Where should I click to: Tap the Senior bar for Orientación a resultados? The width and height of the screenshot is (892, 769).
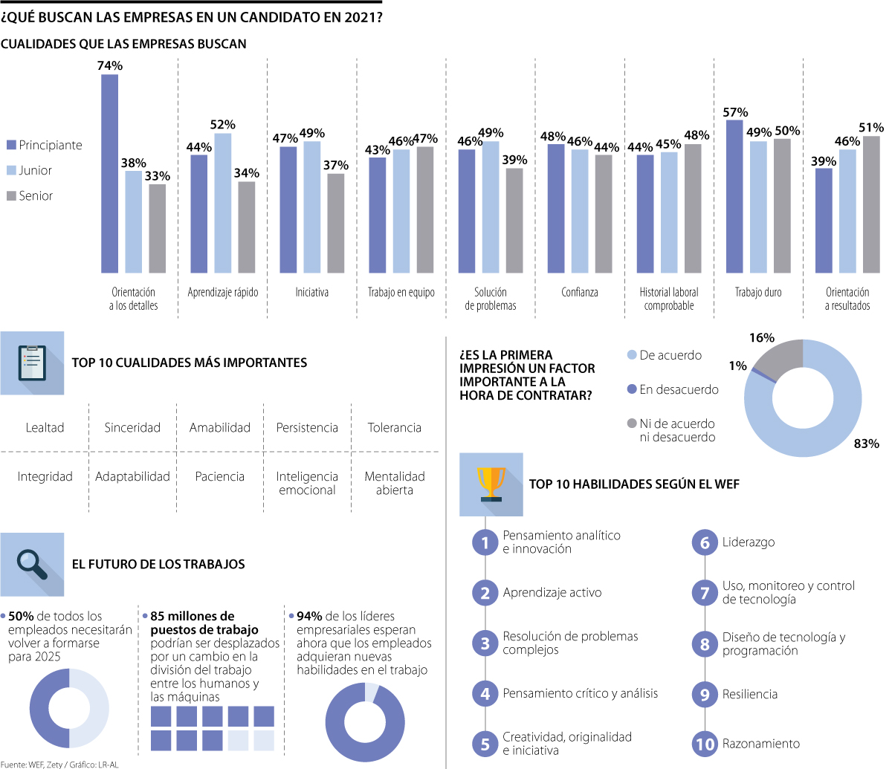coord(871,204)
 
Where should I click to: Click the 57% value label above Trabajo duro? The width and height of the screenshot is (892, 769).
coord(735,112)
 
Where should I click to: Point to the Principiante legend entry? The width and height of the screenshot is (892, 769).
coord(45,145)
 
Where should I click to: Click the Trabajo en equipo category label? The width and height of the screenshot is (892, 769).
coord(401,292)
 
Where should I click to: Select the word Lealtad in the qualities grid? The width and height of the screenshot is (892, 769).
coord(45,427)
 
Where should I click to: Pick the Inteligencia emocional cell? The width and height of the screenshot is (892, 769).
coord(307,483)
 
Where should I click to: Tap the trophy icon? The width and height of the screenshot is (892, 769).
coord(491,484)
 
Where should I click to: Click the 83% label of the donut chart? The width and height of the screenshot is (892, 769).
coord(866,444)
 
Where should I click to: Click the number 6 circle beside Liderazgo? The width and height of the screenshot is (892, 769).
coord(705,543)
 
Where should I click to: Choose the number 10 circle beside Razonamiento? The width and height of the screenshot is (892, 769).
coord(705,744)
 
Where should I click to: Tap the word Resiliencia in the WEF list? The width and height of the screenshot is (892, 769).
coord(749,694)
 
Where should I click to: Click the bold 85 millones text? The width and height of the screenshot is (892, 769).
coord(192,616)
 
